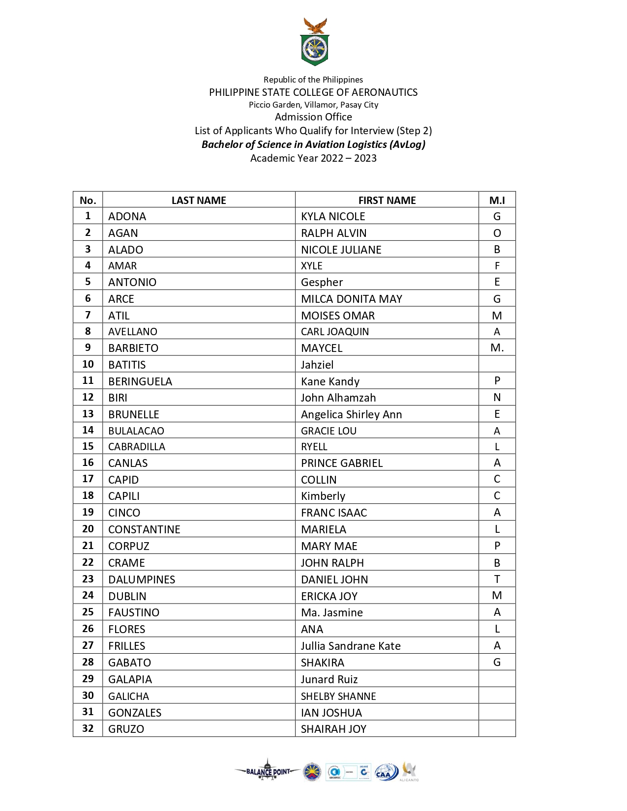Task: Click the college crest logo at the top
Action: pos(314,43)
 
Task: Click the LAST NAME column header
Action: pos(199,200)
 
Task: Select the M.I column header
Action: pos(497,200)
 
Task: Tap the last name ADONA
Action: pos(127,216)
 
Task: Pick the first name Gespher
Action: pos(322,282)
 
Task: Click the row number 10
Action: pos(88,364)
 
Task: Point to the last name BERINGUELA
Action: pos(140,381)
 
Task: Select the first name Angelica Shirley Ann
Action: pos(351,414)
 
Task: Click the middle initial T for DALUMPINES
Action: pos(497,579)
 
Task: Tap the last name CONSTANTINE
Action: pos(144,529)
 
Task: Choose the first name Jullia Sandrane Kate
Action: pos(351,646)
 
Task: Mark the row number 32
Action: pos(88,728)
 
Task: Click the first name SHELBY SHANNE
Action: pos(338,696)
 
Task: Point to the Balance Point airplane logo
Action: pos(268,771)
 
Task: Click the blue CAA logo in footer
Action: pos(386,772)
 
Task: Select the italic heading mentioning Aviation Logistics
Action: pos(313,145)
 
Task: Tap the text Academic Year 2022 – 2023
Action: pos(313,158)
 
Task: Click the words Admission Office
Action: pos(313,117)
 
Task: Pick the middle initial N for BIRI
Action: pos(497,397)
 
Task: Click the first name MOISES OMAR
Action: pos(338,316)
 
